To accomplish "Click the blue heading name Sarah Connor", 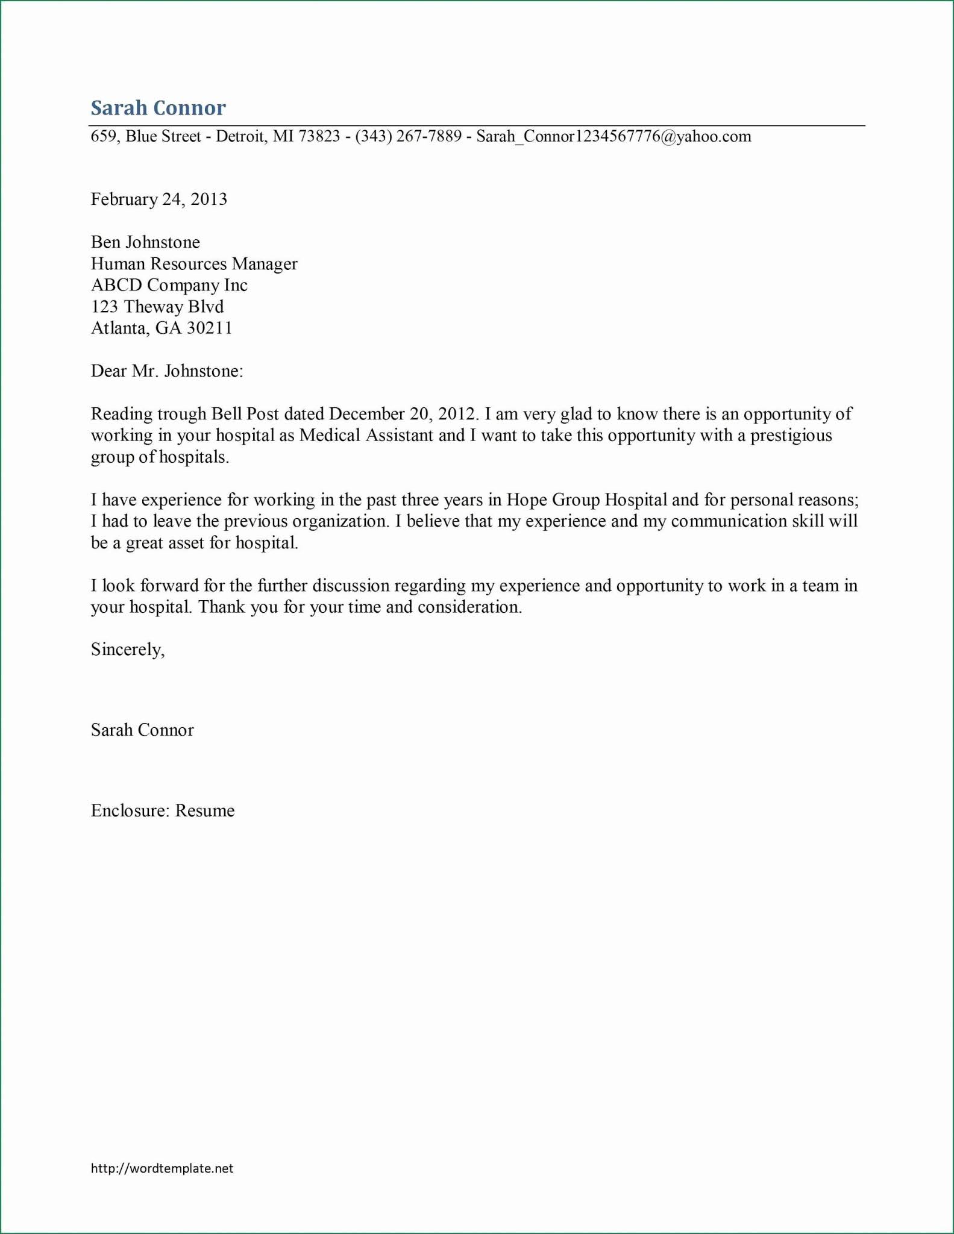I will click(x=158, y=108).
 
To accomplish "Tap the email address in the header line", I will click(x=614, y=136).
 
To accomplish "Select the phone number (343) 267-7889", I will click(x=408, y=136).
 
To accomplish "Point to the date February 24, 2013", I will click(x=158, y=199).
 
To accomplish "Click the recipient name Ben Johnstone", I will click(x=145, y=242).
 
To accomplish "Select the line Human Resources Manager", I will click(x=194, y=264).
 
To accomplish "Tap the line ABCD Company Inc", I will click(x=169, y=285).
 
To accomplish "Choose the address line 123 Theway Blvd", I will click(x=157, y=307).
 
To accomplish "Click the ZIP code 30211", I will click(x=209, y=328).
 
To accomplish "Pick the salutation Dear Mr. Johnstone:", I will click(x=167, y=371).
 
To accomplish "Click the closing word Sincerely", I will click(x=127, y=650).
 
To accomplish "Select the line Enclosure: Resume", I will click(x=163, y=811).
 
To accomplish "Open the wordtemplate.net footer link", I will click(x=162, y=1168).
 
